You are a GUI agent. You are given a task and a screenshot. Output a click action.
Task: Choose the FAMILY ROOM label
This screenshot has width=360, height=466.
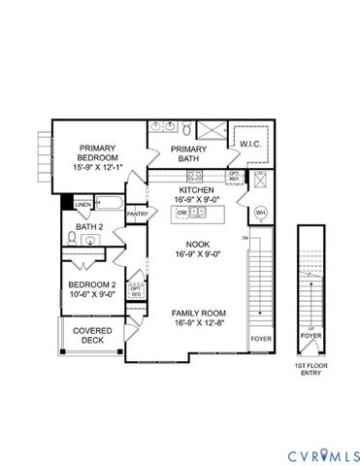point(200,314)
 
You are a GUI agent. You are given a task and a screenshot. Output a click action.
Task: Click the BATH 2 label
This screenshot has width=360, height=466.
point(89,228)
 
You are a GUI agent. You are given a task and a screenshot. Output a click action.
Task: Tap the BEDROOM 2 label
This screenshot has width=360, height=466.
point(92,284)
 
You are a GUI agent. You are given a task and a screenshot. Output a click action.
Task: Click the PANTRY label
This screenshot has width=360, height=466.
point(137,214)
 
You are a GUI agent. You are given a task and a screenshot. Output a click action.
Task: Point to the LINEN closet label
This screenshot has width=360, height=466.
point(83,205)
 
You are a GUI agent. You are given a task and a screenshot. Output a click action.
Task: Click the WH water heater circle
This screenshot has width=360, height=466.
point(260,213)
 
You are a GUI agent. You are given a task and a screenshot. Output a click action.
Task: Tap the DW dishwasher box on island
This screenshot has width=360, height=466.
point(181,211)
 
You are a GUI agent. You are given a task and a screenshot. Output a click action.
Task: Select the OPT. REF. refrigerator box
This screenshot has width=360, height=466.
point(233,177)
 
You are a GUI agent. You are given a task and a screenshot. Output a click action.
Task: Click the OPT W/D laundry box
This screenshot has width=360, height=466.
point(137,289)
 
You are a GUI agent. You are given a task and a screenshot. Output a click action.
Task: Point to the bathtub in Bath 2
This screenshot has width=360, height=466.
point(109,205)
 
